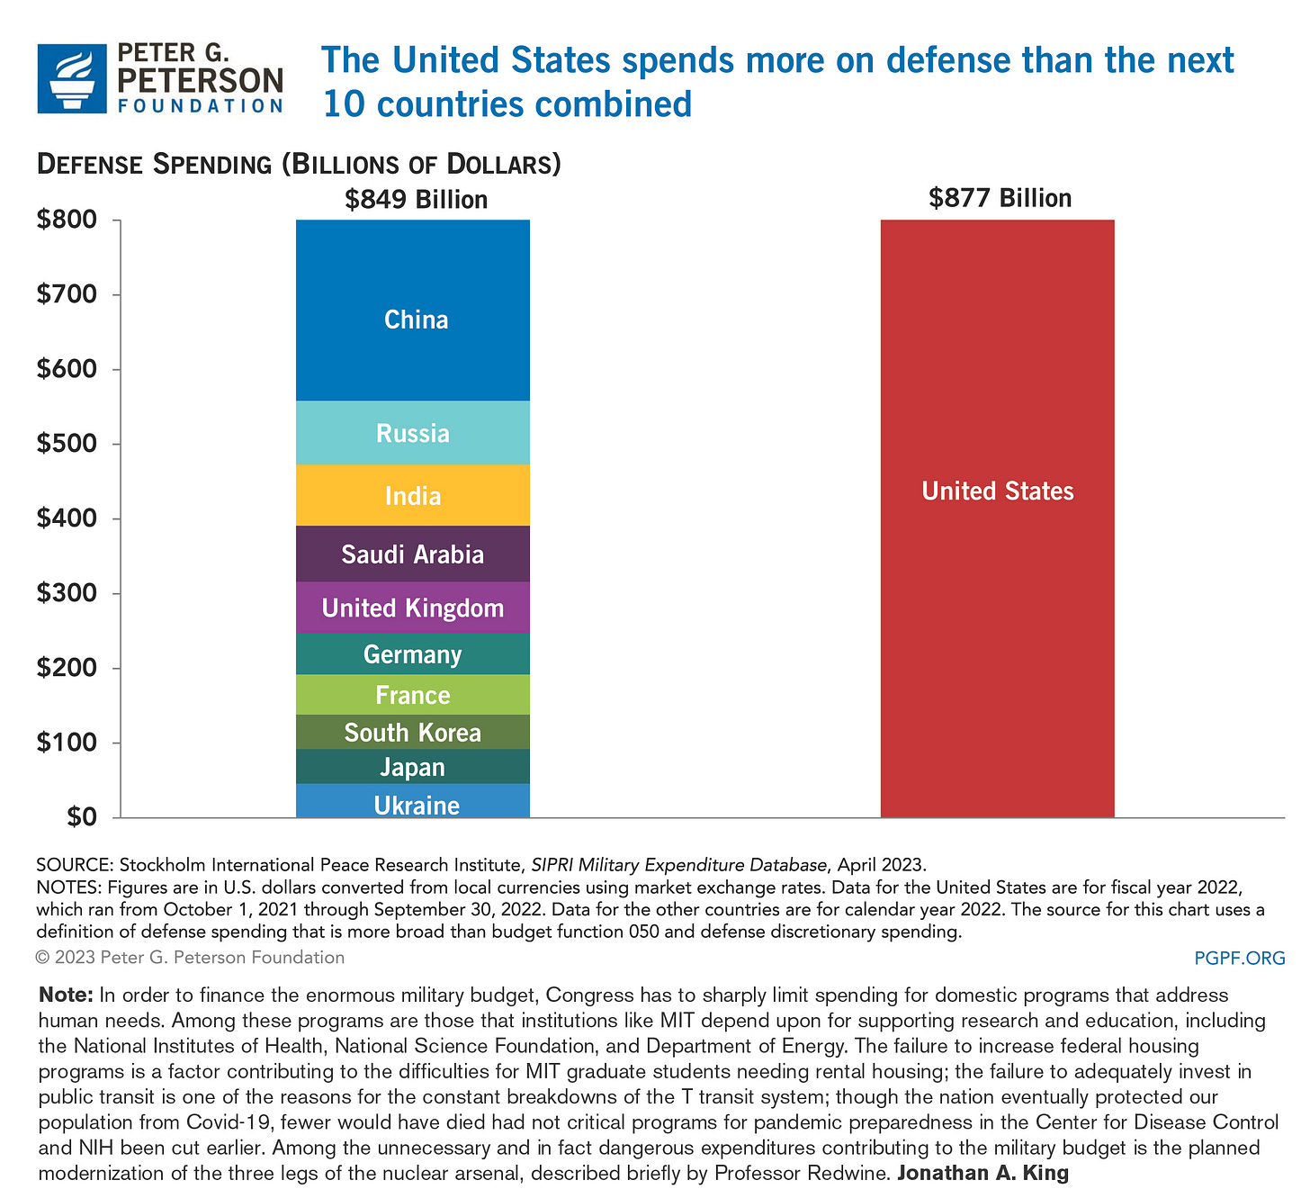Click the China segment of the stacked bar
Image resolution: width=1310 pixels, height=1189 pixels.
click(x=413, y=311)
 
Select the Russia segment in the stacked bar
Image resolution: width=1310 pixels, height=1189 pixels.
click(x=413, y=433)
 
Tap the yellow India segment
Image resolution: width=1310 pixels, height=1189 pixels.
click(x=413, y=495)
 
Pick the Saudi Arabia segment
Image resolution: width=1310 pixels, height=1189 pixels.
click(x=413, y=554)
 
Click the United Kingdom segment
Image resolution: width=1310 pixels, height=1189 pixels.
click(x=413, y=608)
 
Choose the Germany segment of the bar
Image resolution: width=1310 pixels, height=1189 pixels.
click(x=413, y=653)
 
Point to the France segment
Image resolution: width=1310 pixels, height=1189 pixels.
click(x=413, y=695)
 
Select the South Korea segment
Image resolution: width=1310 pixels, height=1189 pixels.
click(x=413, y=733)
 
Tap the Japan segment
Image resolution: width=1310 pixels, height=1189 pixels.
click(x=413, y=767)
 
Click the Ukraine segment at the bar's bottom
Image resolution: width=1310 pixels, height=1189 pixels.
click(x=413, y=802)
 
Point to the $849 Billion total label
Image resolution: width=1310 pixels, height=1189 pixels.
click(x=416, y=199)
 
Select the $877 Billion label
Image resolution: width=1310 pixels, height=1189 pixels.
click(x=1000, y=198)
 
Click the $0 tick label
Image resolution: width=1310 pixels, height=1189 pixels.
click(x=80, y=817)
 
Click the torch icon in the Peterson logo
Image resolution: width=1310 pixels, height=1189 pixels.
click(x=72, y=78)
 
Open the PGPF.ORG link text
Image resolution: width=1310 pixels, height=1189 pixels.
click(x=1239, y=958)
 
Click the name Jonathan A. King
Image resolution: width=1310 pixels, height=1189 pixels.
click(x=982, y=1173)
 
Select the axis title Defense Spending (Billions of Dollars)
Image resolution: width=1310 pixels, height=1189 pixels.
click(x=299, y=165)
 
